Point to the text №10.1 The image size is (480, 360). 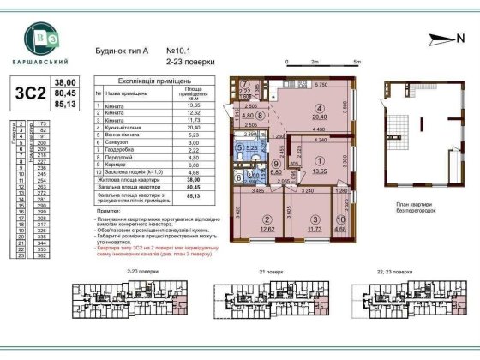click(175, 51)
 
